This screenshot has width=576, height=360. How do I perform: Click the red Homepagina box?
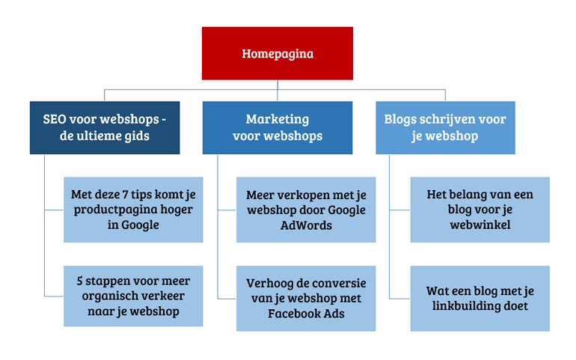tap(278, 53)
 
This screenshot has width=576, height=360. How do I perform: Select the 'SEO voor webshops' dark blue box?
tap(105, 127)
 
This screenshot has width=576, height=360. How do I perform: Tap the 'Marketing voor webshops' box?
tap(278, 127)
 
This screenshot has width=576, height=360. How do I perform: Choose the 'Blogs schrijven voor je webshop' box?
tap(445, 127)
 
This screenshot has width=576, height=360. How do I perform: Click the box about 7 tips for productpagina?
tap(133, 210)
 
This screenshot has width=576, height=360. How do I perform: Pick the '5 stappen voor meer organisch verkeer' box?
tap(133, 296)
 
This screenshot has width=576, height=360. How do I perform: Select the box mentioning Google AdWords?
tap(306, 210)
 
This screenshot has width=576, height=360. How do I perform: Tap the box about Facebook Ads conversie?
tap(306, 298)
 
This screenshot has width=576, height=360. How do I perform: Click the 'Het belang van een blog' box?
tap(480, 210)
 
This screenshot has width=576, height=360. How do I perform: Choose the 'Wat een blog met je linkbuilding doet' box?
tap(480, 298)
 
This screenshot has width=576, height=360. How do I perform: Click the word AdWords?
tap(306, 225)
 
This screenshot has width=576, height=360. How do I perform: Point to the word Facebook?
tap(289, 314)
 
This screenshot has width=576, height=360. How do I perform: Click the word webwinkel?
tap(480, 225)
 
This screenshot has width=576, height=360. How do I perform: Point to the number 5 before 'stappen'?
tap(80, 281)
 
